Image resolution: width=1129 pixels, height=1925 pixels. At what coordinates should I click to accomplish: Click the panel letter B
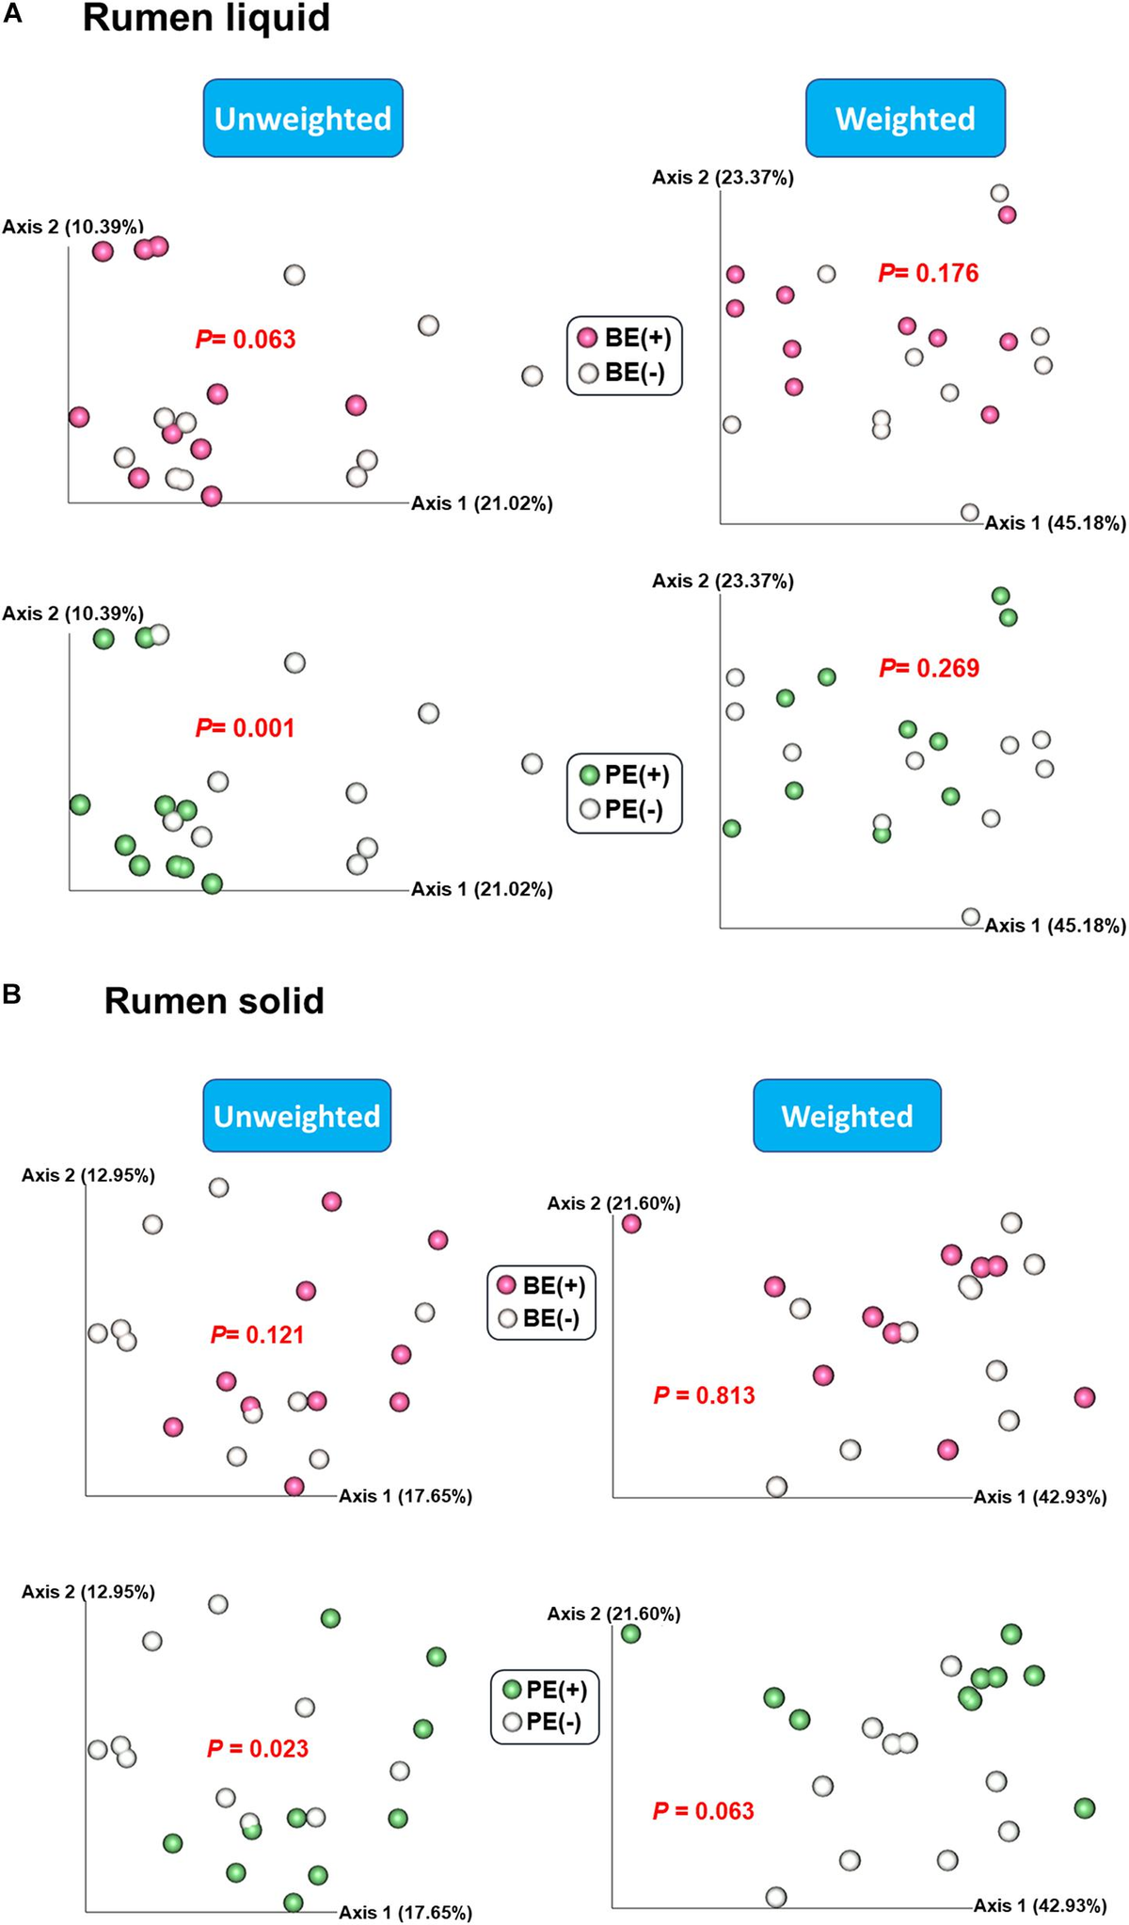[12, 994]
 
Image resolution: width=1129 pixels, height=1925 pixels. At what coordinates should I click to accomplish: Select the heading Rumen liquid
[206, 18]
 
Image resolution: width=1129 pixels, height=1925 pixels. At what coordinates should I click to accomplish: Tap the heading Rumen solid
[214, 1000]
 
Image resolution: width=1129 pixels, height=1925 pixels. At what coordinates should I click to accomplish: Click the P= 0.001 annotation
[245, 727]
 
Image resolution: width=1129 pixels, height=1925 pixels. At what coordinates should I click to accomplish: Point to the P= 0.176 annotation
[929, 273]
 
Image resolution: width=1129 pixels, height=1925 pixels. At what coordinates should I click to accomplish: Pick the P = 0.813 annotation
[704, 1394]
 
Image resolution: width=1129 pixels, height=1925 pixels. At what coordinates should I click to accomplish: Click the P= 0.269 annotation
[929, 668]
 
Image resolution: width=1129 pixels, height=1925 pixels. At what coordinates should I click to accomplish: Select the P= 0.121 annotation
[257, 1334]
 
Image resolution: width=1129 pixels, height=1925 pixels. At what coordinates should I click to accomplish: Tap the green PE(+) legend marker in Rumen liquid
[589, 775]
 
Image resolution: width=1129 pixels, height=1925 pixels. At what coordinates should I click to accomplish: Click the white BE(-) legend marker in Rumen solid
[508, 1318]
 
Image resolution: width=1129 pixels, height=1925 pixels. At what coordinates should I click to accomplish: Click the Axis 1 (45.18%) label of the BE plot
[1055, 523]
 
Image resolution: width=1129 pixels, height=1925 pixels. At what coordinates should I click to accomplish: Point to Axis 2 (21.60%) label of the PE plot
[613, 1614]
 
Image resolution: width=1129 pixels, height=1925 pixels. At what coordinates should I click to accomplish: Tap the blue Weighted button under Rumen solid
[847, 1116]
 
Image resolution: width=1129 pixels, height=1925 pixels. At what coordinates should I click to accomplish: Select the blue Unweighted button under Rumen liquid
[303, 119]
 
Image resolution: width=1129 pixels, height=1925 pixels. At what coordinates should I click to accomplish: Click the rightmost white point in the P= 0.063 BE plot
[532, 375]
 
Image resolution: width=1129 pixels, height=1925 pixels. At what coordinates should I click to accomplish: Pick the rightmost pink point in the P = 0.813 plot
[1084, 1397]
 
